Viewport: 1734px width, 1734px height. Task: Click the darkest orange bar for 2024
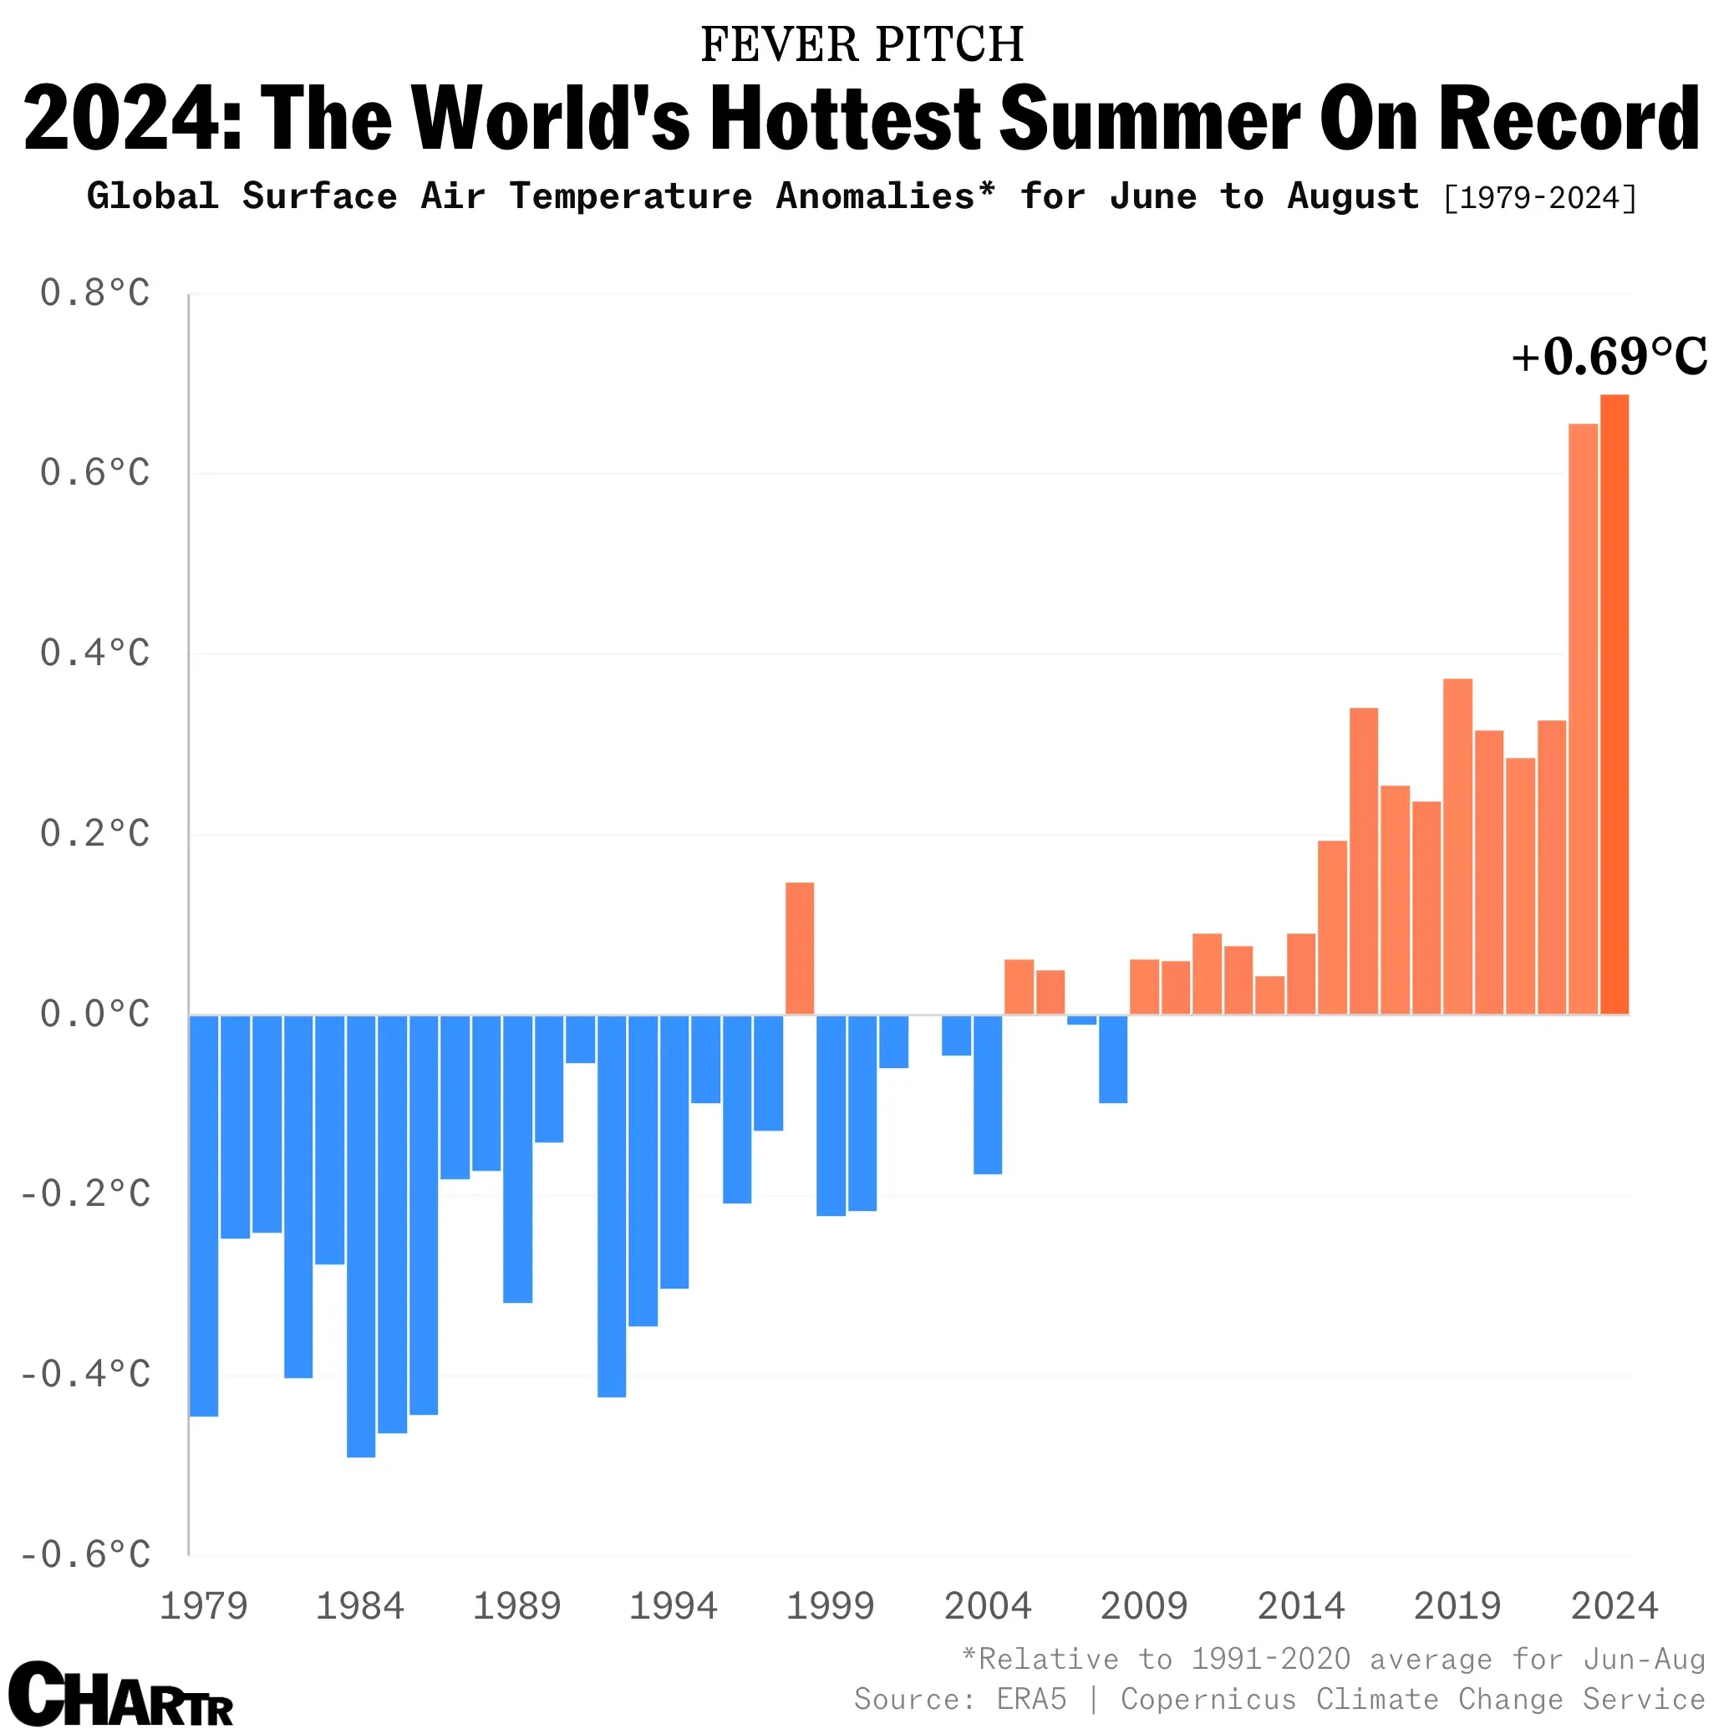pos(1614,704)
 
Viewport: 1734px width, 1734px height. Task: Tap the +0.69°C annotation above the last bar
pos(1609,357)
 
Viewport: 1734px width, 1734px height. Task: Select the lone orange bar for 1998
pos(800,948)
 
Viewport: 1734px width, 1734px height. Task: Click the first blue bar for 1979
pos(204,1215)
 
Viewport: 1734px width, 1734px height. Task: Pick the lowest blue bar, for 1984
pos(361,1236)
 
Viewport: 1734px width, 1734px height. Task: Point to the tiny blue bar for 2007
pos(1081,1020)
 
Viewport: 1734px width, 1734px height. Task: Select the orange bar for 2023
pos(1582,718)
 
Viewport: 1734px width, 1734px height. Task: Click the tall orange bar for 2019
pos(1457,847)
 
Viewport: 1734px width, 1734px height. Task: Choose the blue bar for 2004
pos(987,1094)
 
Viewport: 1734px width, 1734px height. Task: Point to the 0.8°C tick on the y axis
pos(95,293)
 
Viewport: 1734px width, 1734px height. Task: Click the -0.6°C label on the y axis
pos(86,1554)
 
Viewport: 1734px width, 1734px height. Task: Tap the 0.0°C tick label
pos(95,1014)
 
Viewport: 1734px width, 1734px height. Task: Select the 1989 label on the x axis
pos(516,1606)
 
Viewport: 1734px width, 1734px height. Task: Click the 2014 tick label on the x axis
pos(1300,1606)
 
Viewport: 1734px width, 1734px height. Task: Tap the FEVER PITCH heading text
pos(862,45)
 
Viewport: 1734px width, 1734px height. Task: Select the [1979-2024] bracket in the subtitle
pos(1539,197)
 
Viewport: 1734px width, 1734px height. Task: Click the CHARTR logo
pos(121,1694)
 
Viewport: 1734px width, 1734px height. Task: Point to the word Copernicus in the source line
pos(1208,1699)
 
